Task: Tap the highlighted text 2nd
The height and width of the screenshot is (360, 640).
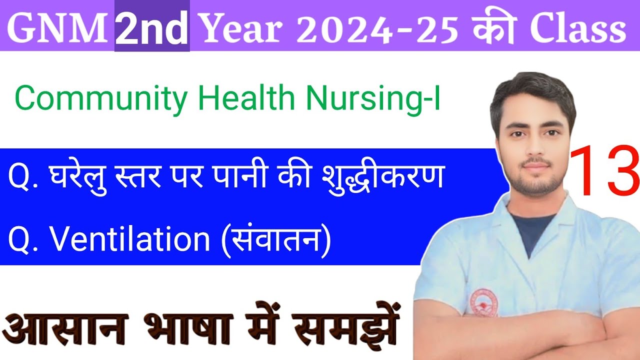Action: click(x=152, y=27)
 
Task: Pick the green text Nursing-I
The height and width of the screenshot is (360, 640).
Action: click(x=373, y=99)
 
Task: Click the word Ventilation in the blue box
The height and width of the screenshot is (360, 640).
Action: click(x=130, y=239)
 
